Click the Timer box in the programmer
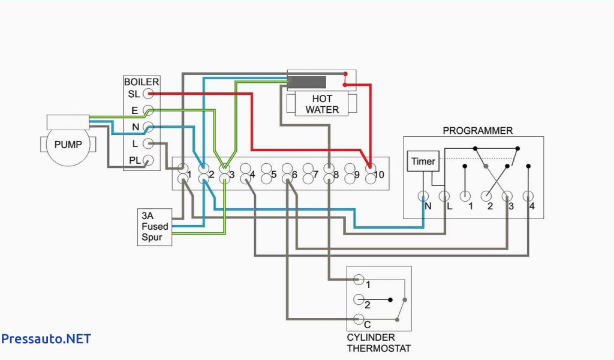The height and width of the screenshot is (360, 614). (423, 161)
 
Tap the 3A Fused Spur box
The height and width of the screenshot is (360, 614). (155, 227)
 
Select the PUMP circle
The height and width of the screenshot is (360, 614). (68, 145)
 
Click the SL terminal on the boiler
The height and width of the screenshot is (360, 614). (148, 94)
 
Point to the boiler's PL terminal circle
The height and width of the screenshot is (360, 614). (148, 160)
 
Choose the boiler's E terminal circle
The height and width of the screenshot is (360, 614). (148, 110)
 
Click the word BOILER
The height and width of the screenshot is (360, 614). (142, 82)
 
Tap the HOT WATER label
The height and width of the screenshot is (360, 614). (322, 104)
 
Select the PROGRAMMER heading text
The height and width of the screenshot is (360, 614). (478, 130)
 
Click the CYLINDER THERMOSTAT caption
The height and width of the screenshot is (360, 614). (379, 343)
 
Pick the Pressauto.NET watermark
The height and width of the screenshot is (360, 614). (46, 339)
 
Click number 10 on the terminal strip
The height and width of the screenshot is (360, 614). (379, 175)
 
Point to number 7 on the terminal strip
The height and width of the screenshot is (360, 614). (315, 175)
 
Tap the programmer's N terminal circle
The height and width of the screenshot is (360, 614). (423, 196)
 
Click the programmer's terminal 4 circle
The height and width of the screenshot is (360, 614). (528, 196)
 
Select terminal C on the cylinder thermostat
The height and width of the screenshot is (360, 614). (359, 319)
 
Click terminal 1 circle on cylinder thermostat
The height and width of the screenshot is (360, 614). (359, 280)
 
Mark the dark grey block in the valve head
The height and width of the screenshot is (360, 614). (308, 82)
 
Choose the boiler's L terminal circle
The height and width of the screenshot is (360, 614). (148, 143)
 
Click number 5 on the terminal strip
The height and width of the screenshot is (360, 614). (273, 175)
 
